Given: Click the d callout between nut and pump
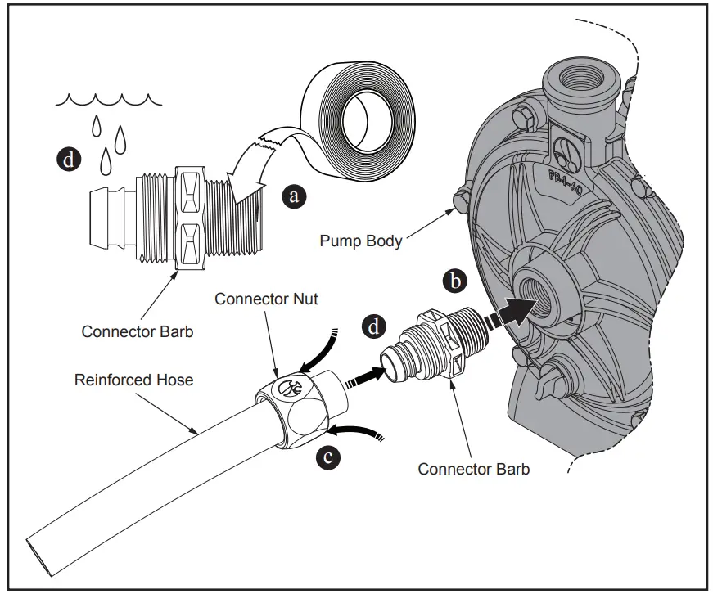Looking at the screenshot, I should pos(374,327).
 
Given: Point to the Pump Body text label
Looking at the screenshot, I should pos(360,241).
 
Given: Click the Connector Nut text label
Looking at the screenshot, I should pos(266,299).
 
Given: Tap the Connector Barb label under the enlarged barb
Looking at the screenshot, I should pos(138,331).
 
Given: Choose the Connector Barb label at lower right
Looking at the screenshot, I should pos(473,469).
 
